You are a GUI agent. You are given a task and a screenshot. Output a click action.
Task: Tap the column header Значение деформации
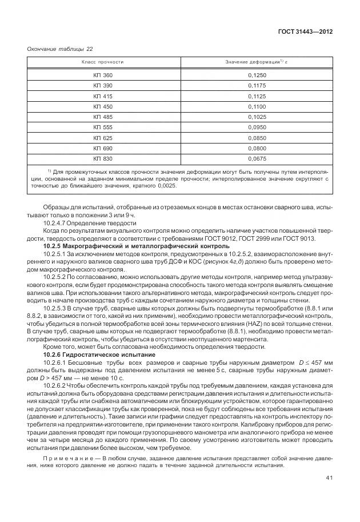(x=259, y=61)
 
